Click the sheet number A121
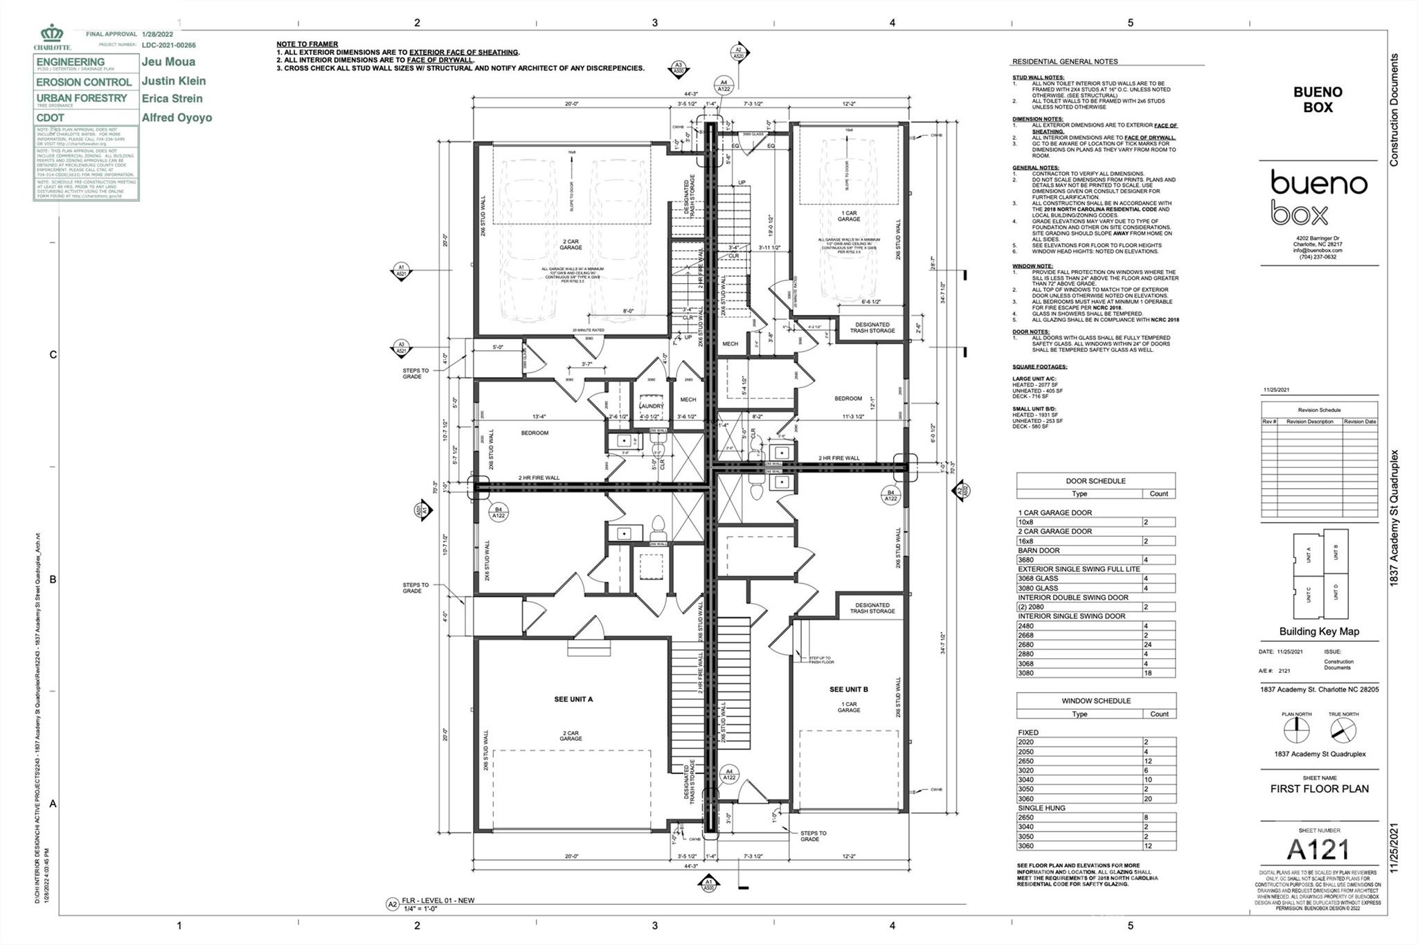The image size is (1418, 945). tap(1318, 849)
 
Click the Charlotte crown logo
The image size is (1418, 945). tap(52, 35)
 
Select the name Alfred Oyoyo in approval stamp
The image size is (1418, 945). tap(177, 118)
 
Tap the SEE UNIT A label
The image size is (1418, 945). tap(573, 699)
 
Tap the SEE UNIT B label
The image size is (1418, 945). tap(848, 690)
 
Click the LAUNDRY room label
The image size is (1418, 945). tap(652, 406)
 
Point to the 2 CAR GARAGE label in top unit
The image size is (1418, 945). tap(571, 244)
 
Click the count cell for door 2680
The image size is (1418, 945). tap(1158, 645)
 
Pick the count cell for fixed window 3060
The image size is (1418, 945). tap(1158, 798)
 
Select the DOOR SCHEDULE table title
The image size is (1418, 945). tap(1095, 480)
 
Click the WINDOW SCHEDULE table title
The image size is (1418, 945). tap(1095, 701)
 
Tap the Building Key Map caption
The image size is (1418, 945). tap(1318, 631)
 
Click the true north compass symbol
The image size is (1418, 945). tap(1343, 730)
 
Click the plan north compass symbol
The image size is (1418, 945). tap(1296, 730)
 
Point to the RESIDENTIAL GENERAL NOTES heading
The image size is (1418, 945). tap(1065, 62)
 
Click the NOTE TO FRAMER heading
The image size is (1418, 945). tap(307, 44)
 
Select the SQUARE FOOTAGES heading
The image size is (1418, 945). tap(1039, 367)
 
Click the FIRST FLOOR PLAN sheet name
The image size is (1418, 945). tap(1318, 789)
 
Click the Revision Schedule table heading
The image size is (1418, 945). tap(1318, 410)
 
